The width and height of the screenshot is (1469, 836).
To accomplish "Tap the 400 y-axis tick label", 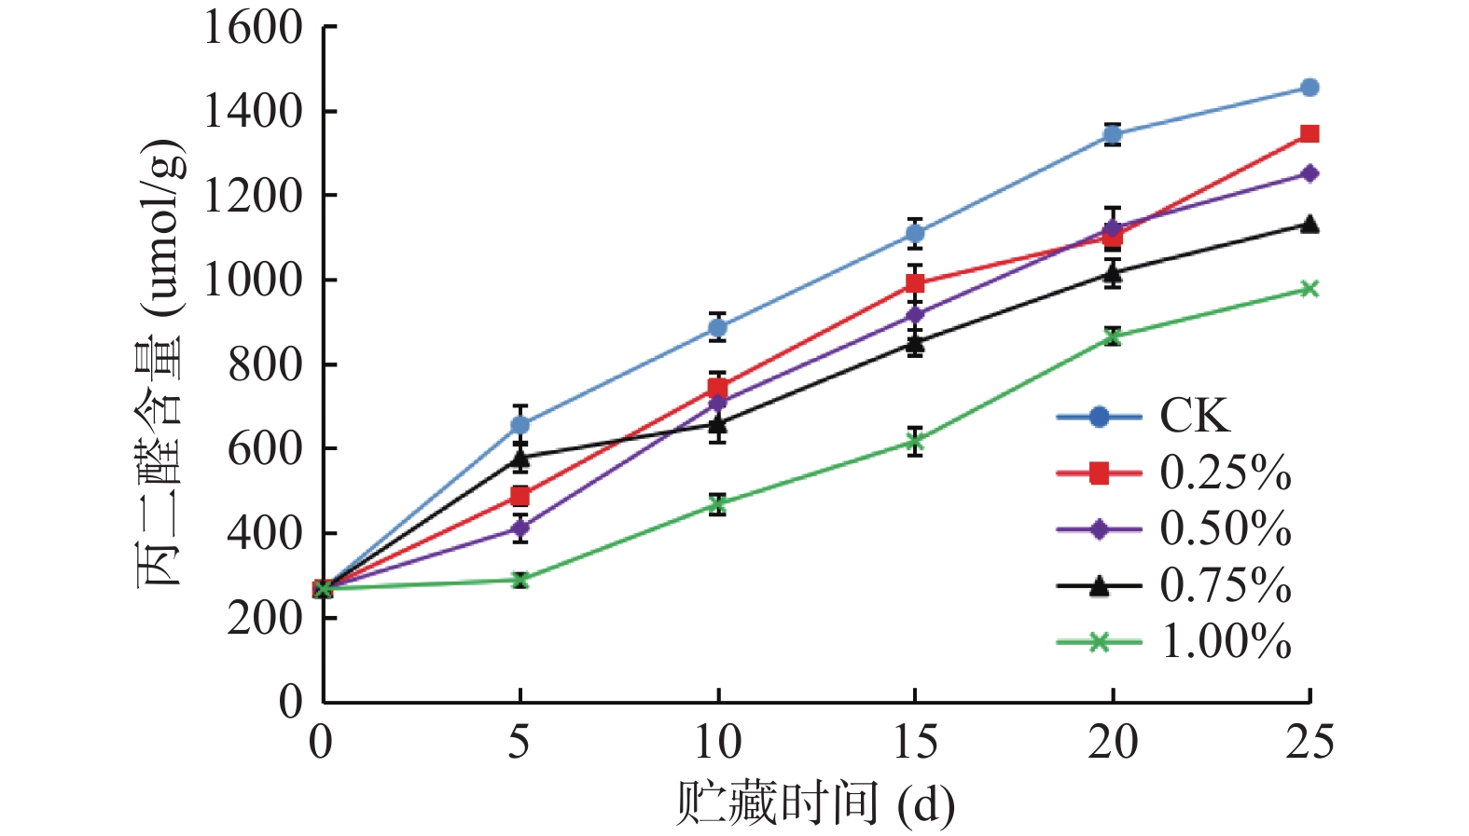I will (265, 533).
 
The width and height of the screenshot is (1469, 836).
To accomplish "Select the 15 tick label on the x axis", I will (915, 743).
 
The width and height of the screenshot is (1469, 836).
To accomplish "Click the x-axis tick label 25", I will (1310, 743).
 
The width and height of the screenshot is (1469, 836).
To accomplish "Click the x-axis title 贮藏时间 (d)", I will (814, 803).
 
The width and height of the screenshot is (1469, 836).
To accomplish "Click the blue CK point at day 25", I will (1310, 88).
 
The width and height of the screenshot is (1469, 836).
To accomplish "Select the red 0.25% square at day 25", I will (1310, 134).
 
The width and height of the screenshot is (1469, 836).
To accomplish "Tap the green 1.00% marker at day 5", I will (520, 580).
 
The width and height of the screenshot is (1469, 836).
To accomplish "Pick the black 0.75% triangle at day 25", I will (1310, 224).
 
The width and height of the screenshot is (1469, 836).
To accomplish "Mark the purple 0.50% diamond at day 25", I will (1310, 173).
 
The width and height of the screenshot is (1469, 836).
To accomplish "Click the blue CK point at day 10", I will (717, 328).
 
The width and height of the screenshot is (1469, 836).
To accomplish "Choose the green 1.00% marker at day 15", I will (915, 442).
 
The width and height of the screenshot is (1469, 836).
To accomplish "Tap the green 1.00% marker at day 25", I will (1310, 289).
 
